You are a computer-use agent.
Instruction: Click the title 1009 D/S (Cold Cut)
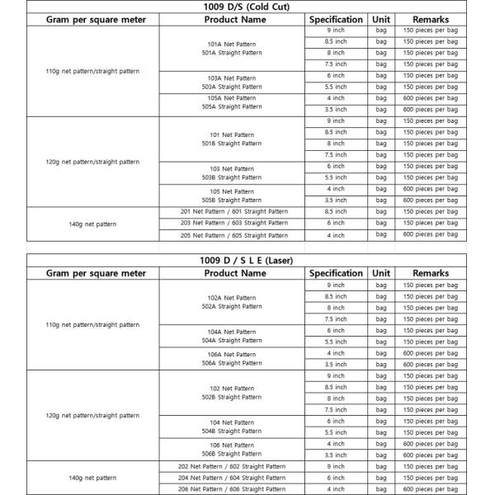(247, 7)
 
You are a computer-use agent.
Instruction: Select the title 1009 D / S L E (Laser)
(247, 261)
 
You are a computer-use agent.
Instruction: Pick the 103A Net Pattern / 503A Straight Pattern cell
(234, 82)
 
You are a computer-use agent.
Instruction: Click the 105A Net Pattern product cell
(234, 102)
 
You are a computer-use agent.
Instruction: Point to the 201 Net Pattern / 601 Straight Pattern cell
(234, 211)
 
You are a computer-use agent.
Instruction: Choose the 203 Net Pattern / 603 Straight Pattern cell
(234, 223)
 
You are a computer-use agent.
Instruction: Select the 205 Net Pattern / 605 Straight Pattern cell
(234, 235)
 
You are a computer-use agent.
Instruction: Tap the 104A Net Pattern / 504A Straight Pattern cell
(234, 336)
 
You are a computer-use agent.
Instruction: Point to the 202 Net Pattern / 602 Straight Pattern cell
(234, 466)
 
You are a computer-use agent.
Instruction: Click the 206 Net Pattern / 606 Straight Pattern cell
(234, 488)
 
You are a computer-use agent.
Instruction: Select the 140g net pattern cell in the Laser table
(92, 478)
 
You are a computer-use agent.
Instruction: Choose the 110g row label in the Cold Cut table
(92, 71)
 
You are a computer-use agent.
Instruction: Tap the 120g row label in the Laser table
(92, 415)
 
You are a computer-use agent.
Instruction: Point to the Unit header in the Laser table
(381, 273)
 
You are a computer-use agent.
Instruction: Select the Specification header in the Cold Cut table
(336, 19)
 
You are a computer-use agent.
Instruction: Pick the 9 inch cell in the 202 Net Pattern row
(336, 466)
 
